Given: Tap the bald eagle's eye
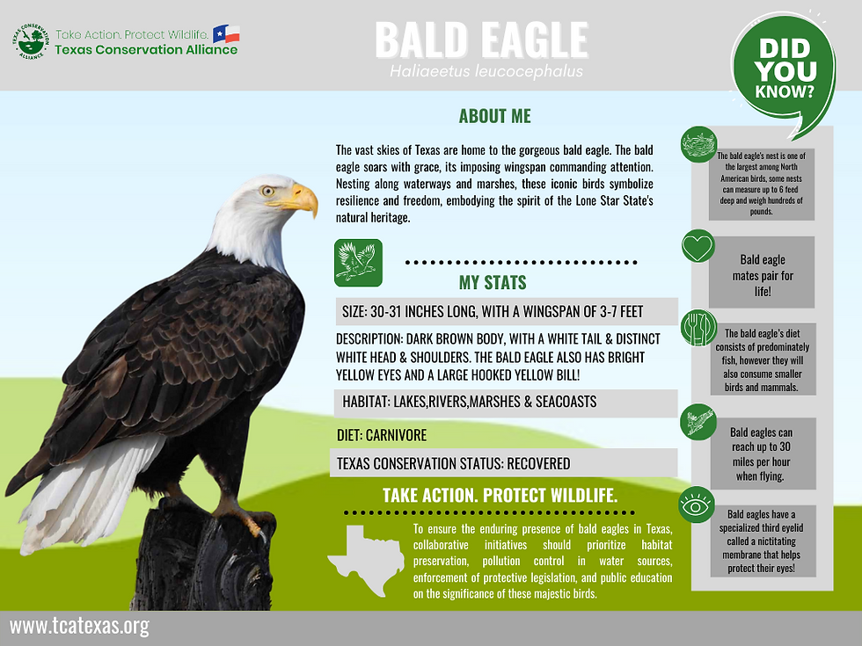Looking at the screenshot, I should click(267, 190).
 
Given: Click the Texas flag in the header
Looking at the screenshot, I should click(226, 34).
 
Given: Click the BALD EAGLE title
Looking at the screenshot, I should click(481, 40).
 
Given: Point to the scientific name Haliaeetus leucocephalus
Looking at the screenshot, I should click(486, 71).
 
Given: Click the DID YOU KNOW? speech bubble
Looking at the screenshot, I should click(784, 69).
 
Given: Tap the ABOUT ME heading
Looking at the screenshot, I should click(494, 117).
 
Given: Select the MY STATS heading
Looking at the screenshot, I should click(493, 282).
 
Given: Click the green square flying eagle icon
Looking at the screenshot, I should click(358, 262).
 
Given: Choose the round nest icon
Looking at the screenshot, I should click(699, 144).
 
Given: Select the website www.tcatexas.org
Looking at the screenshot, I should click(80, 627).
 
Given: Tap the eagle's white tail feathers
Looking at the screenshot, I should click(88, 492).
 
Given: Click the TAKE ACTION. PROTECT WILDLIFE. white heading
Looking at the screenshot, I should click(500, 496).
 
